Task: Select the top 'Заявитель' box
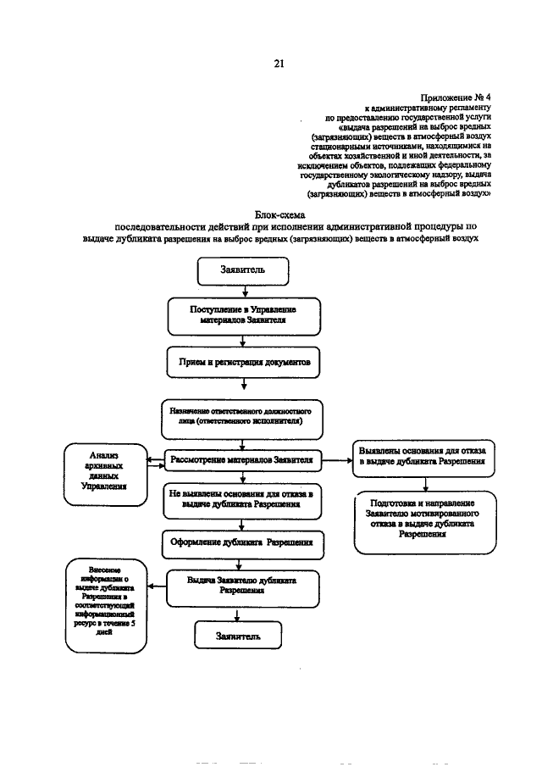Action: [243, 272]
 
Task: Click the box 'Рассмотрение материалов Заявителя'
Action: [243, 460]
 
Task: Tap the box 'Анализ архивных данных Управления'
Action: [106, 475]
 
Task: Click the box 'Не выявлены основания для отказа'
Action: [243, 499]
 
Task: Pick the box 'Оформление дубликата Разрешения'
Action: [243, 542]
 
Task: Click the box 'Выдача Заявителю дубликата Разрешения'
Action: [243, 586]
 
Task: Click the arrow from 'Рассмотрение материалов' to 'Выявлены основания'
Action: [337, 460]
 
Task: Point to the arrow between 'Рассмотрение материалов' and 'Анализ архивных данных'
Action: [155, 462]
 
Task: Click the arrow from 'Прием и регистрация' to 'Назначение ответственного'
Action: [243, 387]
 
